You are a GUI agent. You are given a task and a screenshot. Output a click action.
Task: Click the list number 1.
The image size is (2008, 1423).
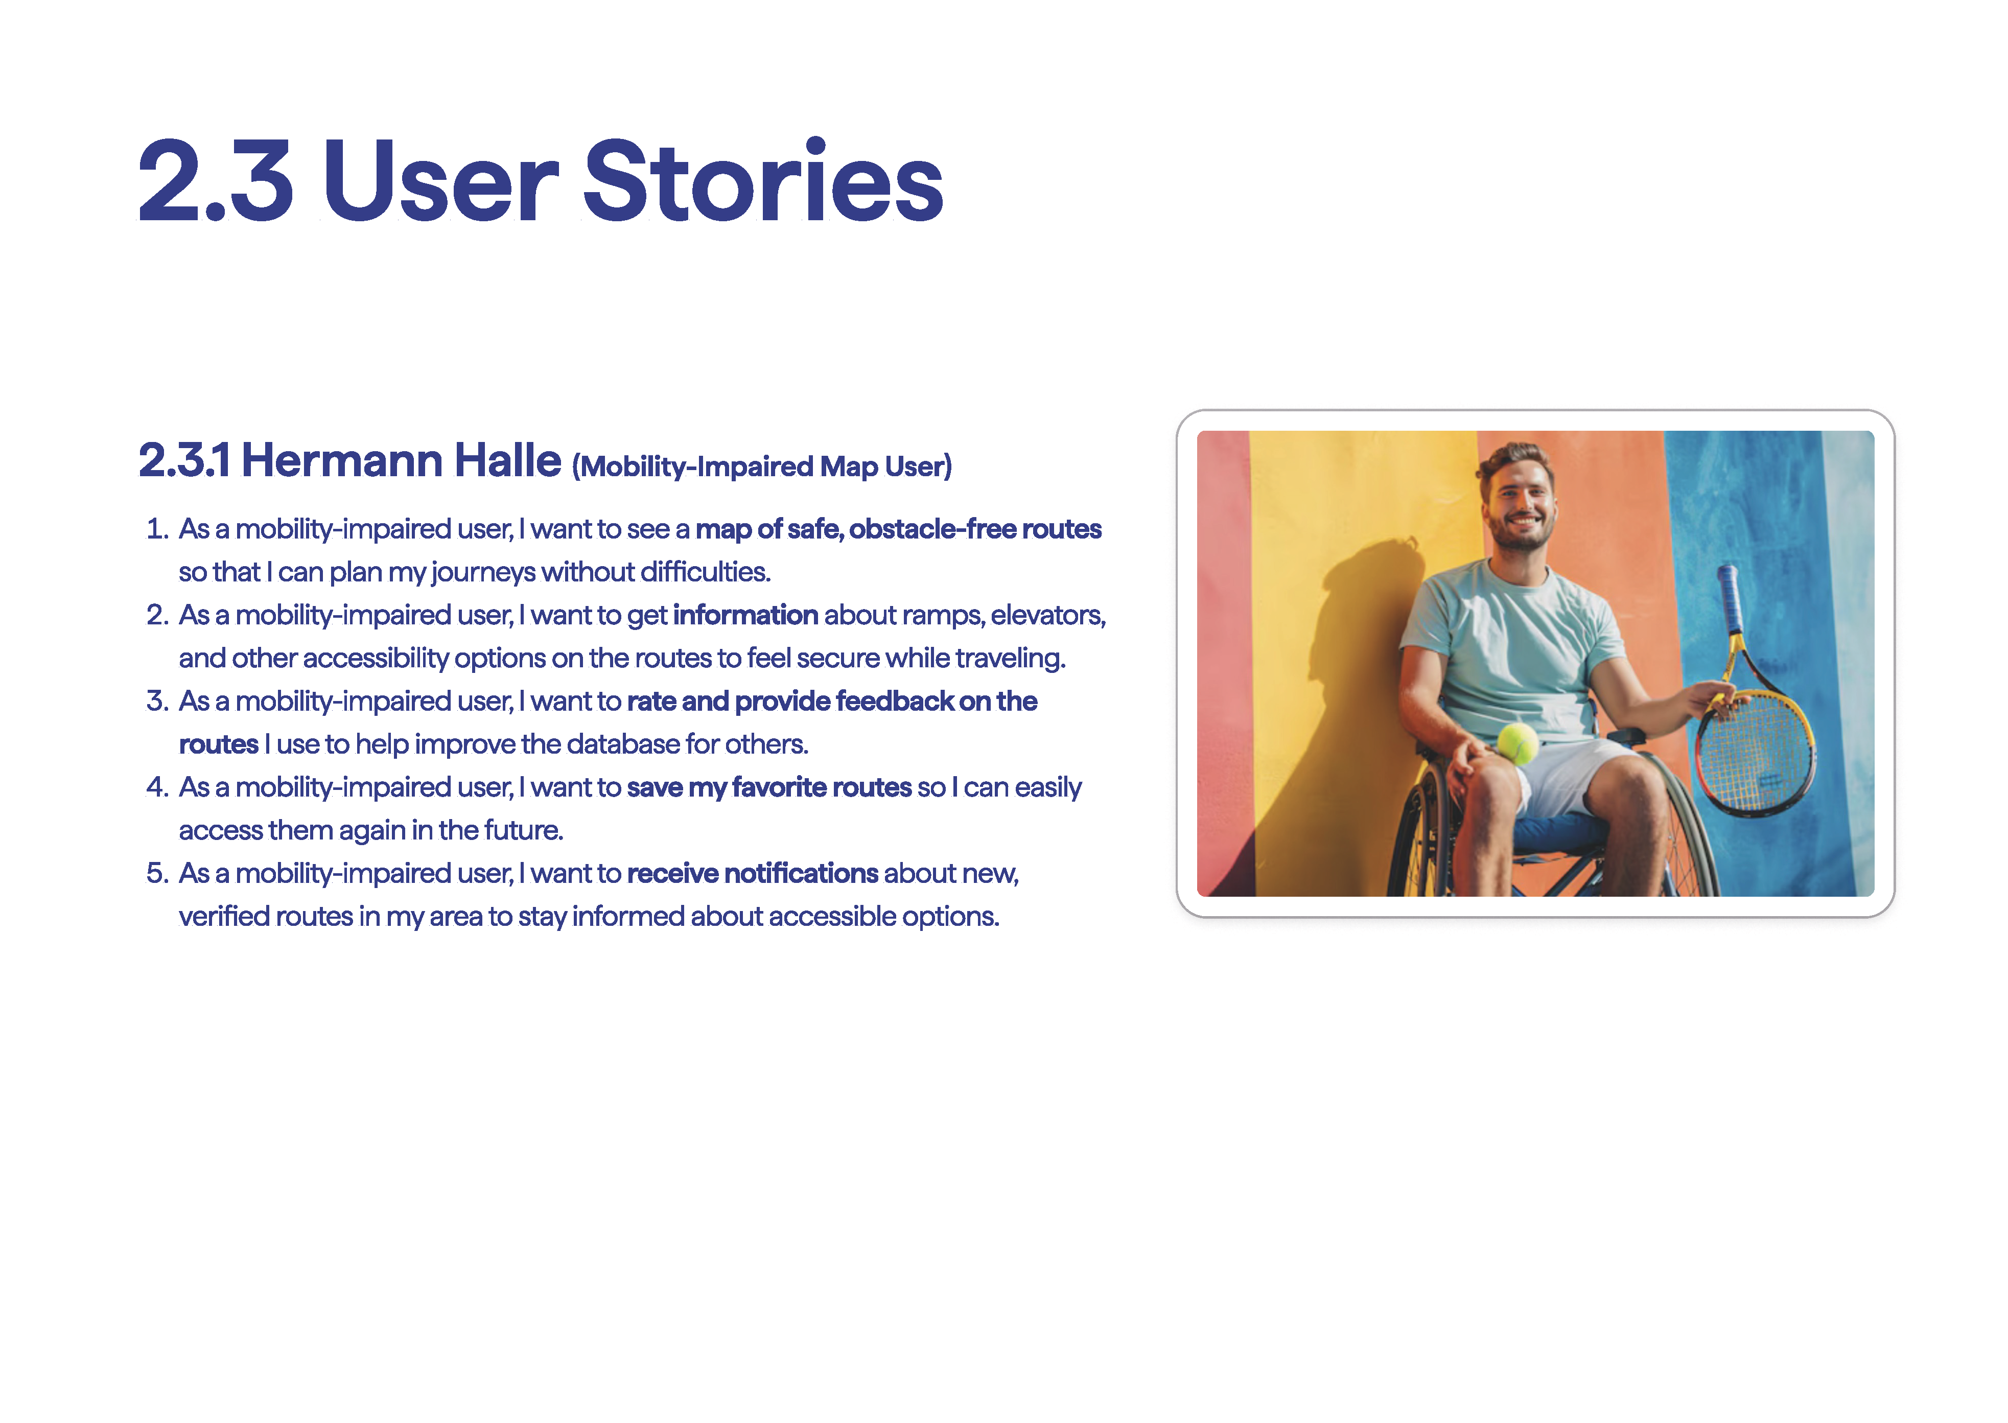[158, 529]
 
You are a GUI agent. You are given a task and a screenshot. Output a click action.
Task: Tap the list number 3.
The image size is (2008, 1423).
[158, 701]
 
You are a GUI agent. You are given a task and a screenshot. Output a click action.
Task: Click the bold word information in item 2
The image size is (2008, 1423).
[745, 615]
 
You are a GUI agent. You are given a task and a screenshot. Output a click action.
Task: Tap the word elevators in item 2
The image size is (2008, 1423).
[1048, 615]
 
